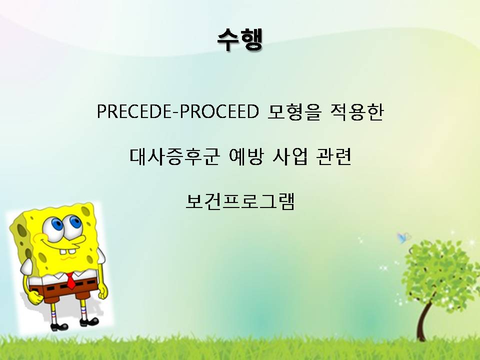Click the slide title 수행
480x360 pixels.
239,40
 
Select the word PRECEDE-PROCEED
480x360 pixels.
177,111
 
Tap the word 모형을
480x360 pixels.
294,111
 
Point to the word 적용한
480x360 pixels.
356,111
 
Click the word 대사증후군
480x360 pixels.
174,156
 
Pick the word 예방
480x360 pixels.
246,156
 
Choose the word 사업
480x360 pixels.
289,156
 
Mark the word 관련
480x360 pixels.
333,156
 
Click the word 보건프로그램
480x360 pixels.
240,201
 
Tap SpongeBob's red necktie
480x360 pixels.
70,280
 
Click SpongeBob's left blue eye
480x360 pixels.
57,224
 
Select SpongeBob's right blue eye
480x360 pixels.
75,221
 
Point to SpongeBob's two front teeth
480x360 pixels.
67,251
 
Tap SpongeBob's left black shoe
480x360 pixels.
58,326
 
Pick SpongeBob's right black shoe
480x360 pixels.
89,321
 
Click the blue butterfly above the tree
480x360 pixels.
404,237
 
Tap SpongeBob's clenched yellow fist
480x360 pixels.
35,297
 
